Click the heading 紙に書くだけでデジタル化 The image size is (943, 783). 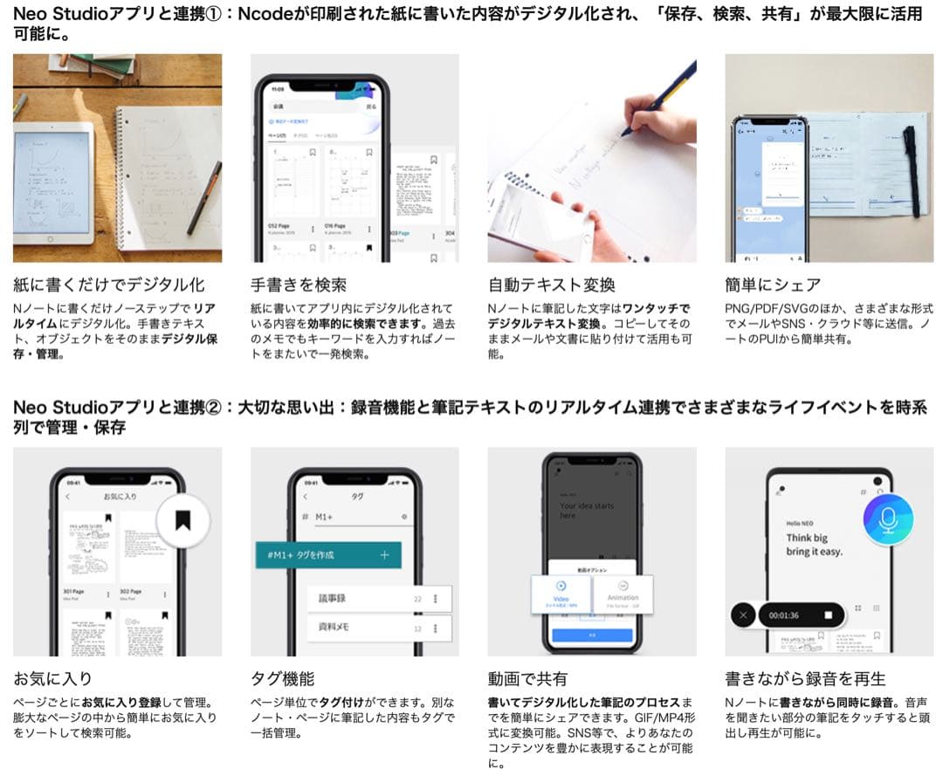coord(109,285)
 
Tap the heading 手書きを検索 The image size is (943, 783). coord(299,285)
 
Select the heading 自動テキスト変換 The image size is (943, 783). coord(551,285)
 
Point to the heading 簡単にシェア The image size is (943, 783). coord(773,285)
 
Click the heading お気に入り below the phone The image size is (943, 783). coord(52,678)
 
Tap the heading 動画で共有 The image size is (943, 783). coord(527,678)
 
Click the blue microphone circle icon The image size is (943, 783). coord(887,520)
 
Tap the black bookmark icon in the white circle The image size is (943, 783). coord(182,521)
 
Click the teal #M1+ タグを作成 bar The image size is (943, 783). coord(327,555)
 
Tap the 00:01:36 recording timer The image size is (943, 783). coord(784,615)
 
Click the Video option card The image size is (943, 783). coord(561,593)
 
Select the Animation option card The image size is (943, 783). coord(623,593)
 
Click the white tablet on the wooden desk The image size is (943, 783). coord(54,182)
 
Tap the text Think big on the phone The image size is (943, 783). coord(807,538)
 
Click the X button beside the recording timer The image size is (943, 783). coord(743,615)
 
